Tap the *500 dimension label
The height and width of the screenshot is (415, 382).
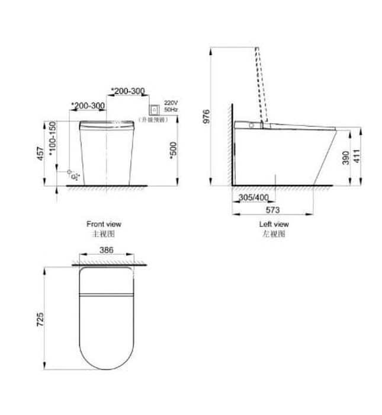coord(172,151)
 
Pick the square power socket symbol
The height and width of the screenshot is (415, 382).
coord(155,108)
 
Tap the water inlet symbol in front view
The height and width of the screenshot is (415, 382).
coord(73,176)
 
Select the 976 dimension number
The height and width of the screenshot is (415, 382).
coord(207,117)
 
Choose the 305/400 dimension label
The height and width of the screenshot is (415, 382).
coord(253,197)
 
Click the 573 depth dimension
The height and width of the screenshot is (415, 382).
coord(272,210)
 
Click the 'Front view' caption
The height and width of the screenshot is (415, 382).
coord(104,224)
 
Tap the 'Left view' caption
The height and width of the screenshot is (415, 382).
coord(274,224)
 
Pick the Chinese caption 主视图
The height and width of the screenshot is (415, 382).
coord(104,234)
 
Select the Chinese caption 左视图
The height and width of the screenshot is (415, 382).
coord(274,234)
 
